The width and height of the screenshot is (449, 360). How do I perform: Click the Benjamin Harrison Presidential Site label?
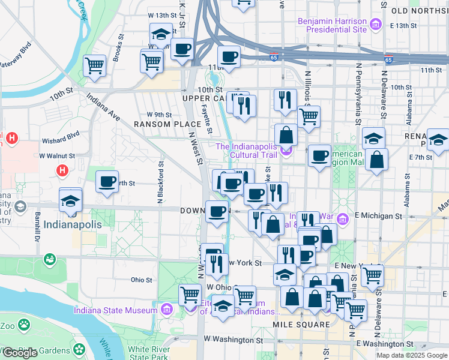[332, 25]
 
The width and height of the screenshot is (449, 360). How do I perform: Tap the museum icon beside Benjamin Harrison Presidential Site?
[376, 25]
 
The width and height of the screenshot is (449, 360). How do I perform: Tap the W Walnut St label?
[58, 155]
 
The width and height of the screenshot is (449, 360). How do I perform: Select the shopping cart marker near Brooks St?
[95, 65]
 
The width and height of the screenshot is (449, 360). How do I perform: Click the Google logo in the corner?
[20, 353]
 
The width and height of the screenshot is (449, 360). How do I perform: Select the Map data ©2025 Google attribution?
[412, 355]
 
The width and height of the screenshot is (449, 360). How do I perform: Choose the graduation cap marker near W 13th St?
[160, 35]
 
